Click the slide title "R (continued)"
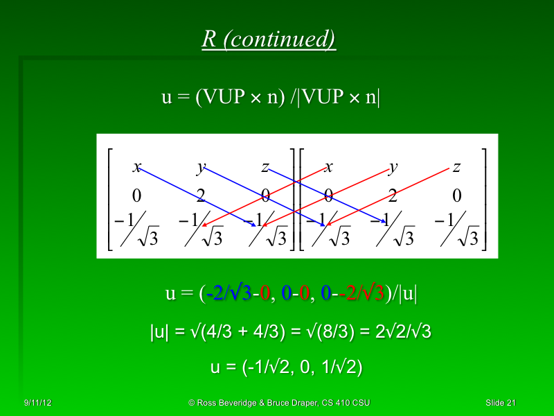coord(269,39)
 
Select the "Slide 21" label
coord(501,403)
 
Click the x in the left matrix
coord(137,167)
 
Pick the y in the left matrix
coord(201,167)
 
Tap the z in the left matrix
coord(265,167)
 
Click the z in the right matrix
coord(456,167)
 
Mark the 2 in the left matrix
coord(201,195)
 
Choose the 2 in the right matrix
coord(393,195)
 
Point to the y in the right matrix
coord(393,167)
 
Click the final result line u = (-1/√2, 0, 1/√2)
coord(286,367)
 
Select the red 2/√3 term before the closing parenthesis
coord(365,294)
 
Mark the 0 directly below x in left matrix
coord(137,195)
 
